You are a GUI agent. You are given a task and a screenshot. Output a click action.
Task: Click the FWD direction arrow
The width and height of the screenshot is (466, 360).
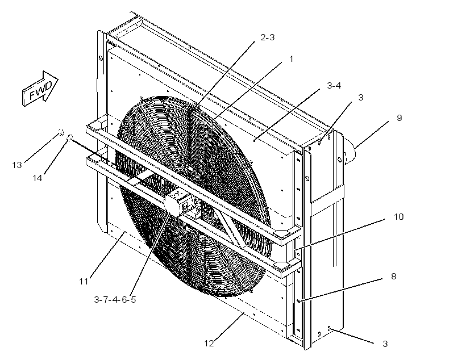tap(40, 89)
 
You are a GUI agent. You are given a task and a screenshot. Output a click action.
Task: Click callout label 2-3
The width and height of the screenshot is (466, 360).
tap(268, 37)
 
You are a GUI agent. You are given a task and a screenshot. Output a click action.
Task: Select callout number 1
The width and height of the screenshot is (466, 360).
tap(291, 59)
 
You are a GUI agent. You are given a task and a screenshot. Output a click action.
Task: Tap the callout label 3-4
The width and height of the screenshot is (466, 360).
tap(334, 86)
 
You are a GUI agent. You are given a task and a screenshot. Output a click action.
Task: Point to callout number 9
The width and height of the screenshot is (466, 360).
tap(400, 118)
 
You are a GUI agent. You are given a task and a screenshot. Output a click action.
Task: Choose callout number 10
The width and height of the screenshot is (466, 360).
tap(398, 217)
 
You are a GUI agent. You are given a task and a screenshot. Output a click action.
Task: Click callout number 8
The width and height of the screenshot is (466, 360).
tap(393, 277)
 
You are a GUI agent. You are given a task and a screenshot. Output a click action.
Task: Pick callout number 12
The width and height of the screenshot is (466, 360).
tap(209, 344)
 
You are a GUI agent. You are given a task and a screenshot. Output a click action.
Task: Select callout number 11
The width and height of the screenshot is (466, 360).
tap(84, 281)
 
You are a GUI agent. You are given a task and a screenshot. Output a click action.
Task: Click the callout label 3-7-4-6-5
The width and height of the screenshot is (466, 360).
tap(115, 299)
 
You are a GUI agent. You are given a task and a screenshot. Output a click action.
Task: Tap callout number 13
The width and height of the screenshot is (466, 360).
tap(17, 165)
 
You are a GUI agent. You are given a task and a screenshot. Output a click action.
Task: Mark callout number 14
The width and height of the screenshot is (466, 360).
tap(37, 178)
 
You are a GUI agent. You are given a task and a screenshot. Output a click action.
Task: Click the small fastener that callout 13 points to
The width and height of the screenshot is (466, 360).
tap(61, 132)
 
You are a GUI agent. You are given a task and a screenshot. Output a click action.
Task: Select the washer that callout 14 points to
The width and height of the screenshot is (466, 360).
tap(70, 137)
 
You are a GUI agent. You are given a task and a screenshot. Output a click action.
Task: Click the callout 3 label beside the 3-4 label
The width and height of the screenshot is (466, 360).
tap(360, 98)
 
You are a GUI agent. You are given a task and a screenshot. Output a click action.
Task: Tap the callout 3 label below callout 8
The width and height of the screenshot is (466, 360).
tap(385, 344)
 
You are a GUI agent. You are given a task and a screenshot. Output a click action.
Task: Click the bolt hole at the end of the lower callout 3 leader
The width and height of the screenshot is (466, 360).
tap(329, 328)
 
